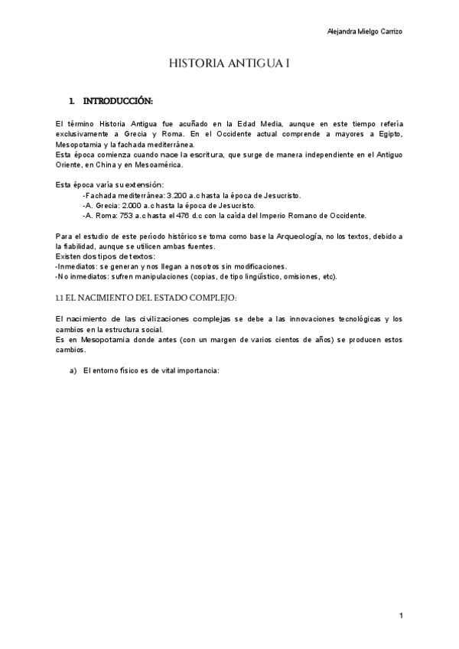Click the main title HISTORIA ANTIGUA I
pyautogui.click(x=229, y=65)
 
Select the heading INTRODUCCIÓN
pyautogui.click(x=118, y=101)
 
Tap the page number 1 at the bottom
pyautogui.click(x=400, y=616)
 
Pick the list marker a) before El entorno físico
pyautogui.click(x=73, y=370)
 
